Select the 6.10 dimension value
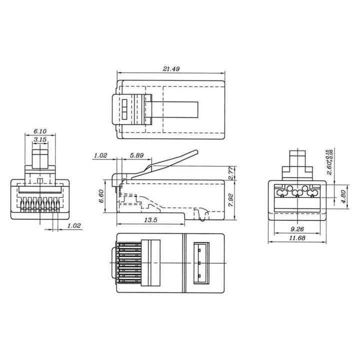(40, 130)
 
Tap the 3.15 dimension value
(40, 139)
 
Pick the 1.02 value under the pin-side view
(73, 226)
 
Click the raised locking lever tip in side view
(194, 152)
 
